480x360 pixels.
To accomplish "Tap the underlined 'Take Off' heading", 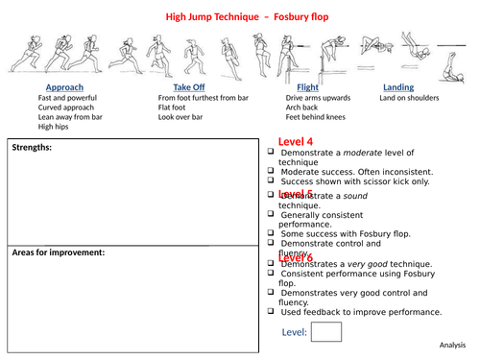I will [177, 87].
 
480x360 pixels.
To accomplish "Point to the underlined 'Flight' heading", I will [295, 87].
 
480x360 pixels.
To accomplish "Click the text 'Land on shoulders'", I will [409, 98].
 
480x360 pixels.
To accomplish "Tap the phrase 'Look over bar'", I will [182, 117].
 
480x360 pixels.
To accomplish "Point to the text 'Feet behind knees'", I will [313, 117].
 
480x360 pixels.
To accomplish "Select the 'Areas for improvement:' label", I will [59, 253].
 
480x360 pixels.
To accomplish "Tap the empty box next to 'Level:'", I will [326, 332].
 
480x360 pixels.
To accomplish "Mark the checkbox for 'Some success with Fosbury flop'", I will [271, 233].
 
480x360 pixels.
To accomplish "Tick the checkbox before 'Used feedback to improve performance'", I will [271, 312].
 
